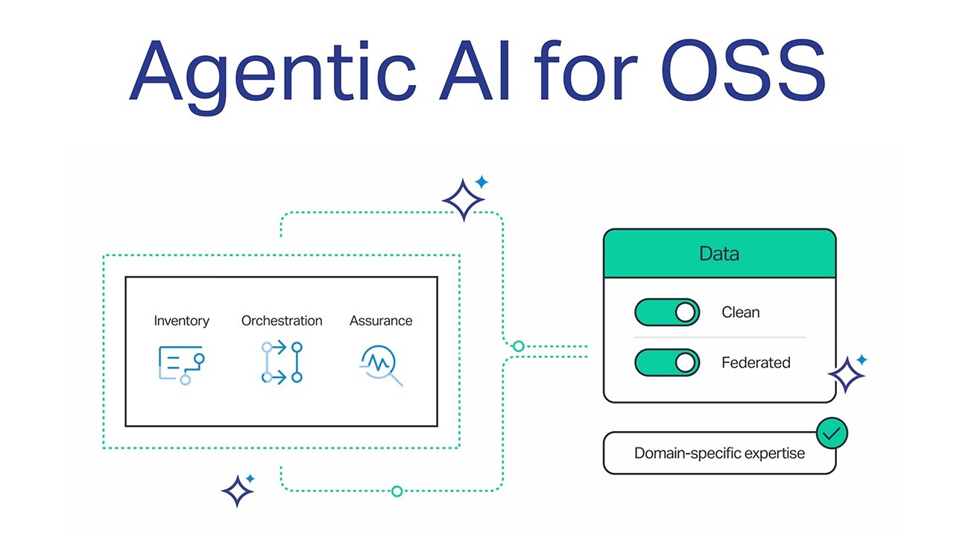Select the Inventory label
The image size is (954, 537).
coord(181,321)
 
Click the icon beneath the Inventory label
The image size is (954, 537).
coord(181,365)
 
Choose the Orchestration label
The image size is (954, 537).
coord(282,321)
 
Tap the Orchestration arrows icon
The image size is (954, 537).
coord(282,362)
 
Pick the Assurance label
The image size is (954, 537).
coord(381,321)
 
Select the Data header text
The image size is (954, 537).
coord(719,254)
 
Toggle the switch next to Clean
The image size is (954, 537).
coord(667,313)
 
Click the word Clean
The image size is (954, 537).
coord(741,313)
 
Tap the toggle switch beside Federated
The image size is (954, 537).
coord(667,362)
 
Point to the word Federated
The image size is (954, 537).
coord(756,362)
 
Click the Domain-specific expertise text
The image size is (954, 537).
coord(719,453)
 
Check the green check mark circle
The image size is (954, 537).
coord(832,433)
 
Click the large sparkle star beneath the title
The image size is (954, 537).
coord(464,200)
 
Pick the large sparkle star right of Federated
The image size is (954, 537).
coord(847,374)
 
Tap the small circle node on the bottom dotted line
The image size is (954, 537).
coord(397,491)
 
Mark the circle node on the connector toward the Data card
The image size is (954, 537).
coord(519,346)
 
